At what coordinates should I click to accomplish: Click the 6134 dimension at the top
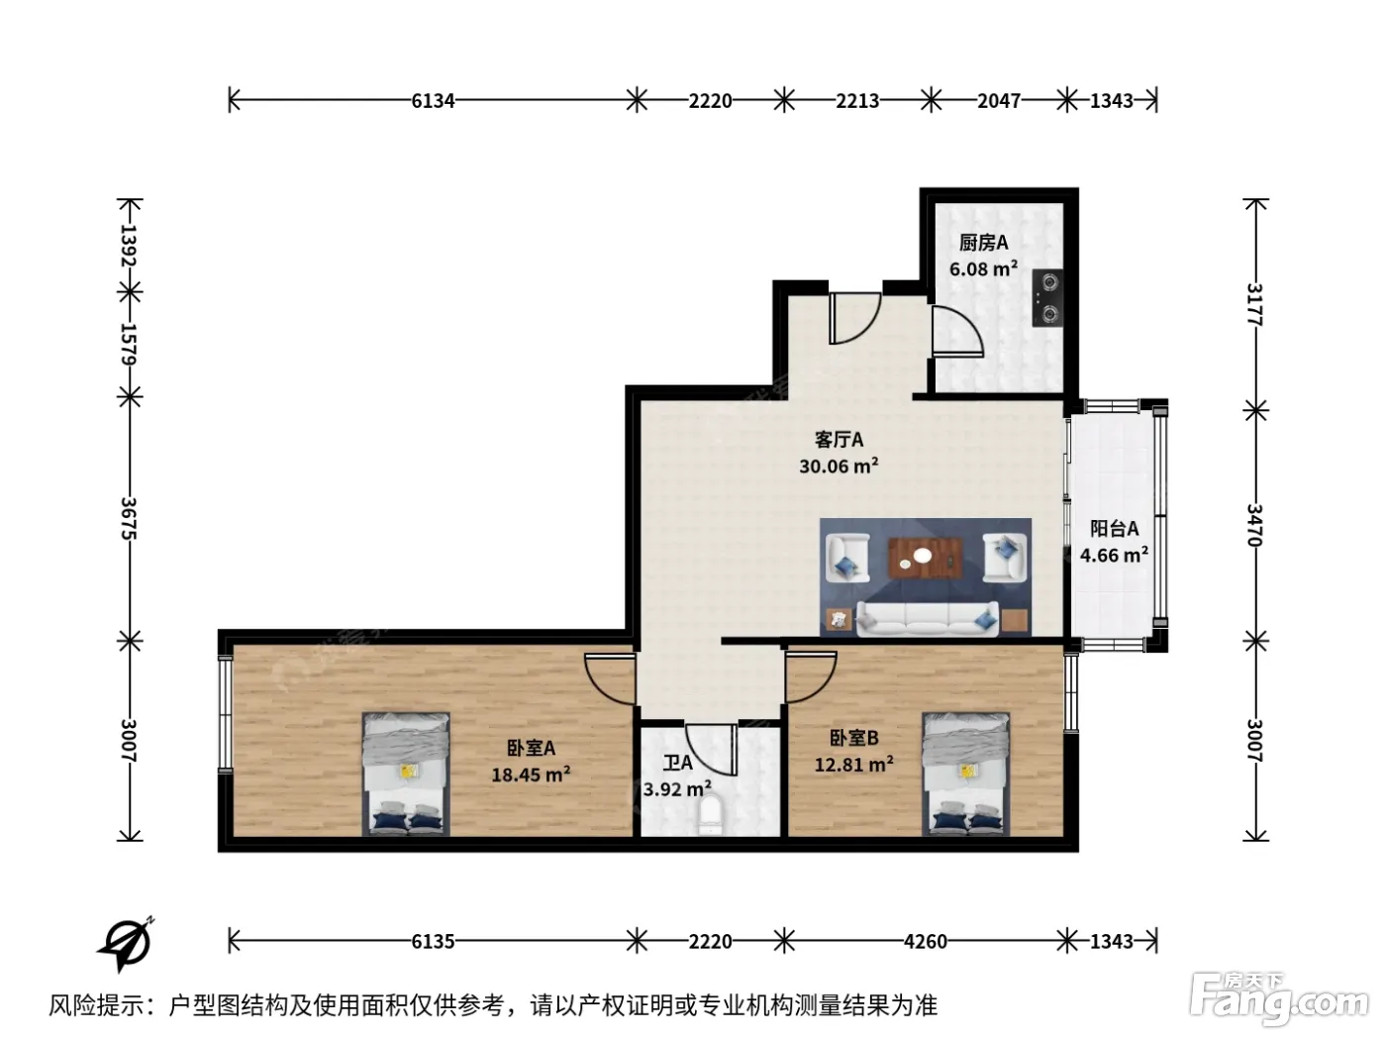pos(433,100)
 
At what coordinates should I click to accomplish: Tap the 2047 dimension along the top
pos(998,100)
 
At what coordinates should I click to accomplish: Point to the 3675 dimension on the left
pos(129,518)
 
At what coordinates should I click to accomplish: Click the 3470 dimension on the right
pos(1254,525)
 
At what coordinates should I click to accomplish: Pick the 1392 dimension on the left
pos(129,245)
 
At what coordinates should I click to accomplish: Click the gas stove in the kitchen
pos(1046,298)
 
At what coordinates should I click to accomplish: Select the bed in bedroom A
pos(406,775)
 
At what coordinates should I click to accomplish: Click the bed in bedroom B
pos(965,775)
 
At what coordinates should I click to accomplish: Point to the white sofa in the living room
pos(928,618)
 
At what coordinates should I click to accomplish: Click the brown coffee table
pos(925,559)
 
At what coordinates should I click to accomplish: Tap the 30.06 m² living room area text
pos(839,466)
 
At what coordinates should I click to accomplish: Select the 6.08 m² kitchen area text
pos(983,269)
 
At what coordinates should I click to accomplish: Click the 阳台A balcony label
pos(1114,528)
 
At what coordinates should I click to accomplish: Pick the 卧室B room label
pos(853,738)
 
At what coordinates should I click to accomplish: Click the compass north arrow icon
pos(127,943)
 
